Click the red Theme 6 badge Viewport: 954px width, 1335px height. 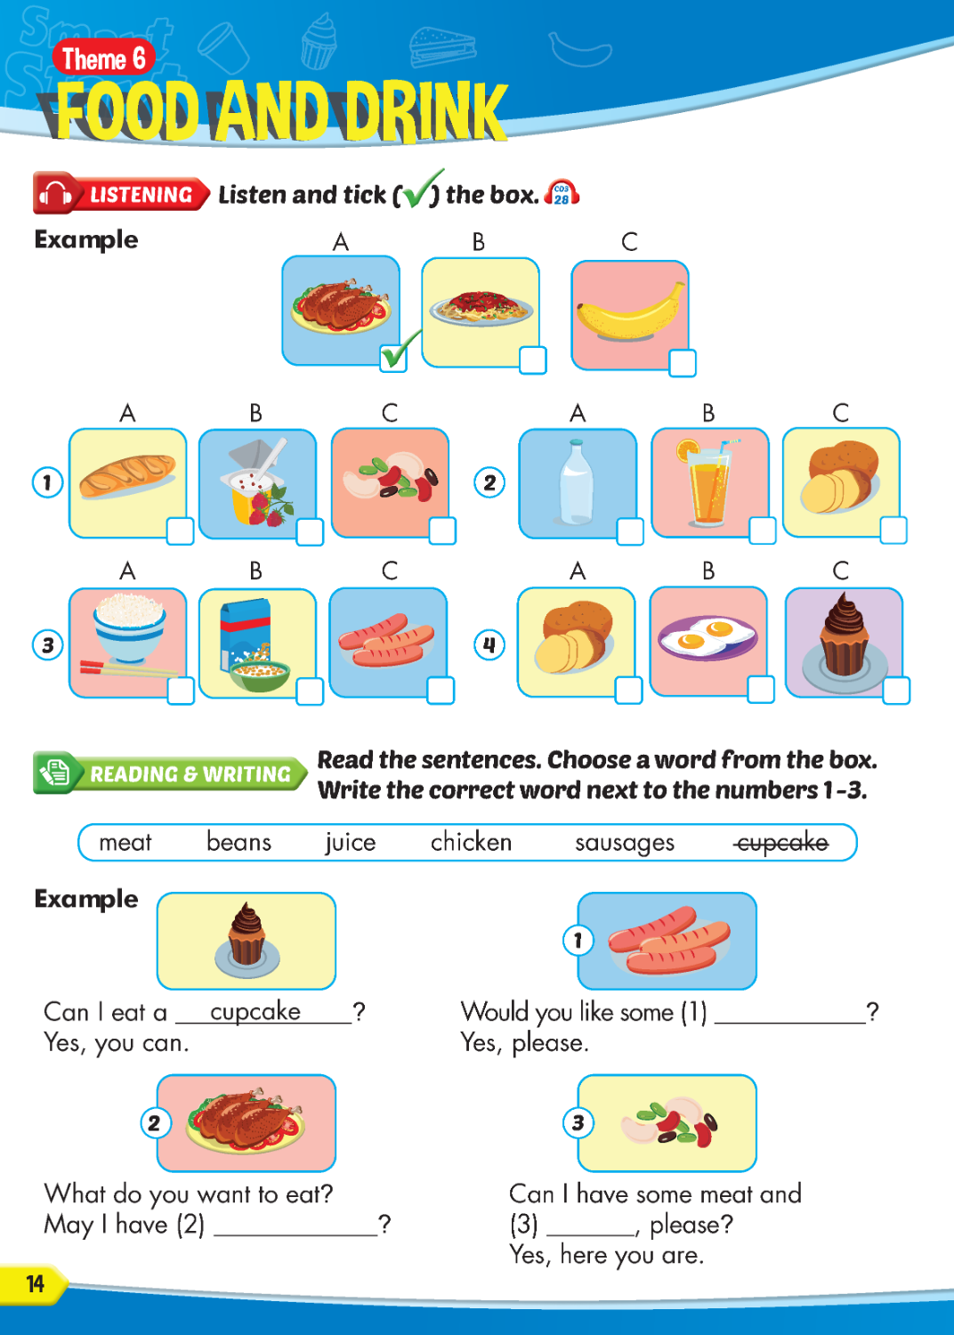coord(104,59)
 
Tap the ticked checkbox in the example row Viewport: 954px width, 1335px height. coord(393,358)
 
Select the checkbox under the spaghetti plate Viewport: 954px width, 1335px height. coord(533,360)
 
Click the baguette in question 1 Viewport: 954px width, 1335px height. coord(127,475)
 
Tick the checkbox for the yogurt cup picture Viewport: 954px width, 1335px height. coord(310,531)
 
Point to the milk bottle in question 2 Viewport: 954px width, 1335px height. coord(577,481)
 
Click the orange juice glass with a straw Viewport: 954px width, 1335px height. coord(707,481)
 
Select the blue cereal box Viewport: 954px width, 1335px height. coord(247,634)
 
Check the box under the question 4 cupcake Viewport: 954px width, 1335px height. coord(896,690)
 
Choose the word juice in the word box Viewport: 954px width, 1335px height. coord(351,843)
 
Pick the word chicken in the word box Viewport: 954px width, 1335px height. coord(472,842)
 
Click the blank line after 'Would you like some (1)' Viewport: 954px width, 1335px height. coord(790,1023)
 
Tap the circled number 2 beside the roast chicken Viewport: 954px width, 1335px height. coord(156,1123)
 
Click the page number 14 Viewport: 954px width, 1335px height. coord(36,1283)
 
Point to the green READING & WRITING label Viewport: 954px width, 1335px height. coord(171,773)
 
